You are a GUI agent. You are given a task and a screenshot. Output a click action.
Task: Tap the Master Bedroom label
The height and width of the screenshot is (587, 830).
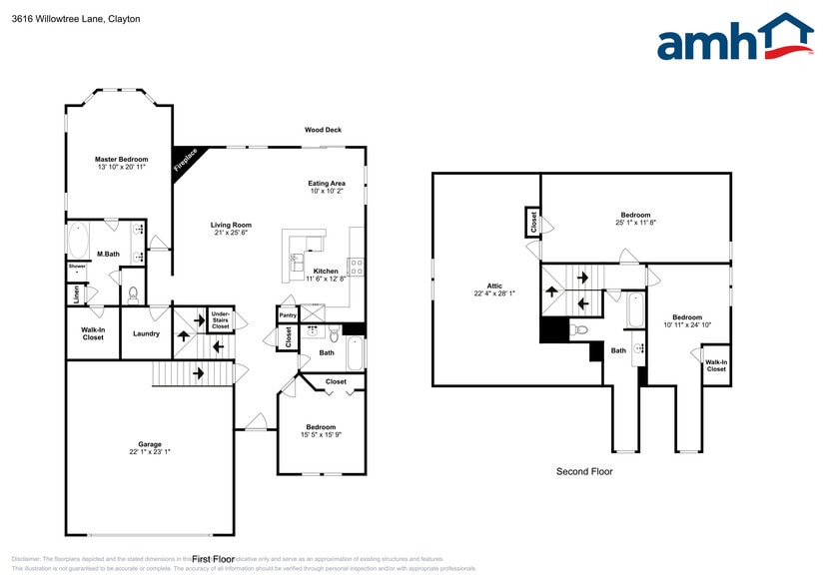pos(121,159)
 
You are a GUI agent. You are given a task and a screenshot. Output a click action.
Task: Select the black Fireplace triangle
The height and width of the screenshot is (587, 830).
pos(184,158)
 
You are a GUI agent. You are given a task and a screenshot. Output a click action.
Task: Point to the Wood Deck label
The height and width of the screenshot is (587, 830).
pos(323,130)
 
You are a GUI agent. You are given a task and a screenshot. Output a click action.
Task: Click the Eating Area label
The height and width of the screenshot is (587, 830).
pos(327,184)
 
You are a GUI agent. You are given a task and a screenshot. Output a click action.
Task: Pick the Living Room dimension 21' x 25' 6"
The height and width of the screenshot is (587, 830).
pos(231,233)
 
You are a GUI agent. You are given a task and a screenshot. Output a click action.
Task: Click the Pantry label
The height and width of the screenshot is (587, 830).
pos(288,315)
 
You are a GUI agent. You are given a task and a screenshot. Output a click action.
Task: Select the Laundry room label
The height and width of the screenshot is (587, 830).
pos(146,333)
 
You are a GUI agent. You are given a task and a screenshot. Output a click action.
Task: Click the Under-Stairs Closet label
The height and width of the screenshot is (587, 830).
pos(221,320)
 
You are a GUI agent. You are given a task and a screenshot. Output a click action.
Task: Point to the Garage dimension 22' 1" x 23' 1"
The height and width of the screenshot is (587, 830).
pos(150,452)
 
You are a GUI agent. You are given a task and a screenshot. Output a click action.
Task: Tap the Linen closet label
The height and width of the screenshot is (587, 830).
pos(76,294)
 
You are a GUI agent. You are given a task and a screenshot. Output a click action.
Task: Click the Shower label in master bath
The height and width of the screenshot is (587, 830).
pos(77,267)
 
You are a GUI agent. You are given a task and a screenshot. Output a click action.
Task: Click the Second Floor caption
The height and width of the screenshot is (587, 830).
pos(584,471)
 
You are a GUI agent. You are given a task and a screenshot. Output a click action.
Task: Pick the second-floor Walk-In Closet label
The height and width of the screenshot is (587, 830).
pos(716,366)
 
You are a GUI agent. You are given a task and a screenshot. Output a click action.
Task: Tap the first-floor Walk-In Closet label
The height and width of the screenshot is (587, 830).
pos(93,333)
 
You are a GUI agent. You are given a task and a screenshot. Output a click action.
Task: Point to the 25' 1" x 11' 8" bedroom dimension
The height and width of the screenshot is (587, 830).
pos(635,223)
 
